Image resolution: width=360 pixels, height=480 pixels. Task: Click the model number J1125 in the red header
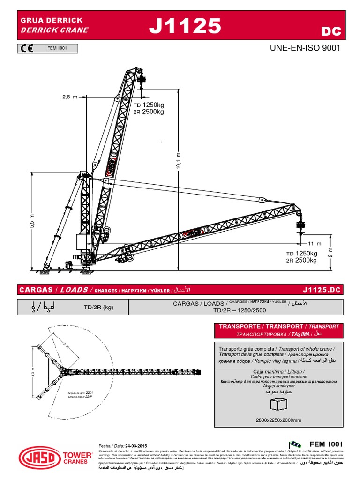tap(185, 27)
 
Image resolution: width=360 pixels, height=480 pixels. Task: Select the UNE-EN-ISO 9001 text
tap(305, 48)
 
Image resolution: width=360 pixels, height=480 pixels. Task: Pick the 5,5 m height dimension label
tap(32, 221)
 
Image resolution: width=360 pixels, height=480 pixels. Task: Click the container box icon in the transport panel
tap(279, 405)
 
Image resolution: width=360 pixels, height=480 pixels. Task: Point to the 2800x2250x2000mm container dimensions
tap(279, 420)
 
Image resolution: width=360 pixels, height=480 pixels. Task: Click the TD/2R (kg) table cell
tap(98, 307)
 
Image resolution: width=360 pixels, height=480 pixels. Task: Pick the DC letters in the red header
tap(331, 31)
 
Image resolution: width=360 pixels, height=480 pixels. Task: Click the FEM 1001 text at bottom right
tap(326, 444)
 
